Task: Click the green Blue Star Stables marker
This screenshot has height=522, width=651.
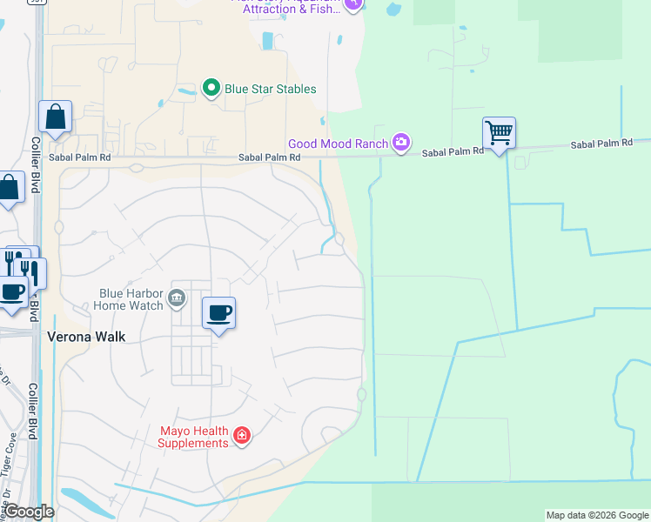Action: point(210,88)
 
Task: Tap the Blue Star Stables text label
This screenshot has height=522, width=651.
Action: point(270,89)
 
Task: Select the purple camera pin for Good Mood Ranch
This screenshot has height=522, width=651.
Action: point(400,142)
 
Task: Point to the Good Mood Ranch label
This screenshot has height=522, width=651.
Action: point(339,143)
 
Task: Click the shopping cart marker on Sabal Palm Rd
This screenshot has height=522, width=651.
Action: point(499,134)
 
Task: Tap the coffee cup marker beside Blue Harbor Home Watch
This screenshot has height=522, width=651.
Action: point(218,313)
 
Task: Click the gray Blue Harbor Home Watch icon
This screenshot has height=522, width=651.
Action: point(176,298)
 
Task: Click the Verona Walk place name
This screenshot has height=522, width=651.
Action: point(86,337)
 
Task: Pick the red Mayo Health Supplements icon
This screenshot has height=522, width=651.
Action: point(242,435)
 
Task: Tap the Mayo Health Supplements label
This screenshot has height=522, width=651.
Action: point(193,437)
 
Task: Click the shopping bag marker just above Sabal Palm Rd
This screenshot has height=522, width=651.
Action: point(55,117)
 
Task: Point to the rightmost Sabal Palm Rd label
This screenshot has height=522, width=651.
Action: point(601,144)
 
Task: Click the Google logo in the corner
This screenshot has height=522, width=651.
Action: point(29,512)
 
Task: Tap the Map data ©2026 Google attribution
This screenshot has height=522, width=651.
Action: point(596,515)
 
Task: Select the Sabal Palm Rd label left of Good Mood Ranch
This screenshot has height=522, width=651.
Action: point(270,157)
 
